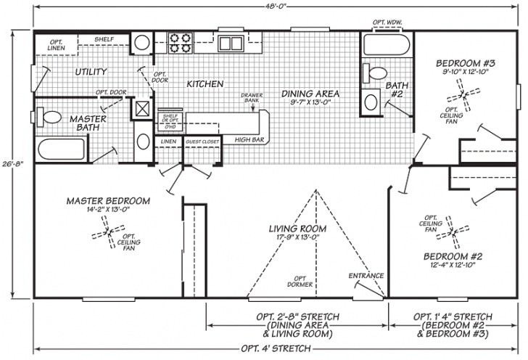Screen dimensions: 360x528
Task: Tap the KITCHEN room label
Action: [x=205, y=84]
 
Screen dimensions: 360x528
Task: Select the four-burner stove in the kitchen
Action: [x=180, y=42]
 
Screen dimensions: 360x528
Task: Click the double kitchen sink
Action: [x=231, y=42]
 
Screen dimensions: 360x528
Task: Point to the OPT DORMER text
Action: [x=303, y=281]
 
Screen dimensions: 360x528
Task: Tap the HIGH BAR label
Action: [x=247, y=139]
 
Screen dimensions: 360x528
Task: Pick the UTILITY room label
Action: [x=91, y=72]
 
